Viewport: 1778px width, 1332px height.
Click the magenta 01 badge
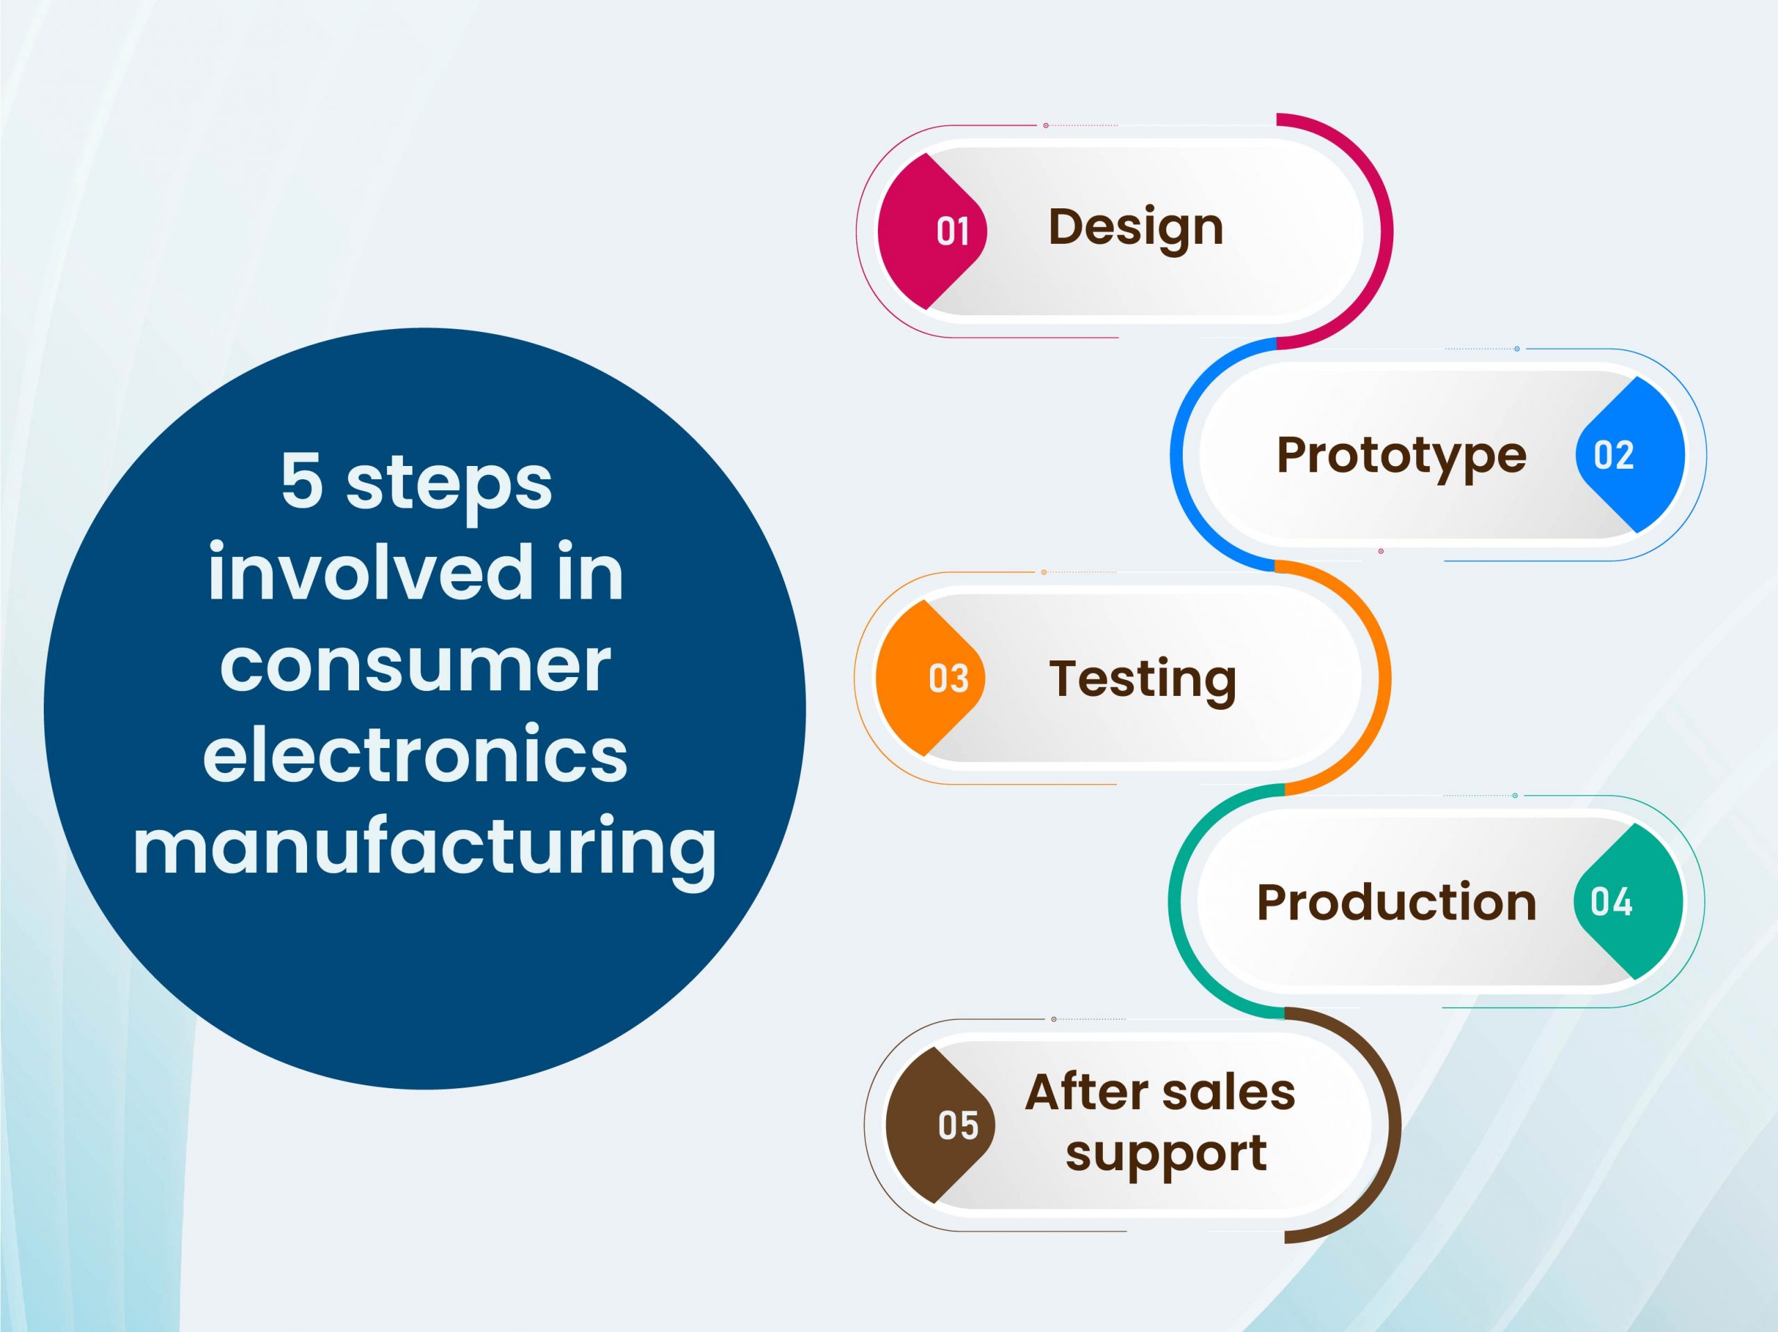click(931, 231)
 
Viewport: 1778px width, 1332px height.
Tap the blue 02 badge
click(1630, 454)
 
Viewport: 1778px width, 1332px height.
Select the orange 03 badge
click(930, 678)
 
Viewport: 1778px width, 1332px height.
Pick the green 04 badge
click(1629, 901)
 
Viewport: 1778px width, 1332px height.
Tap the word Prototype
click(1401, 456)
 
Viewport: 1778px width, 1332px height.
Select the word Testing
click(1143, 680)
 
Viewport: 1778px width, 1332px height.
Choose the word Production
click(1396, 902)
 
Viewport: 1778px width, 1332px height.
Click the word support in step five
click(1166, 1154)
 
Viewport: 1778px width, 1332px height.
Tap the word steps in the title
click(449, 485)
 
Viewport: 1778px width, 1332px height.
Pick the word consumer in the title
click(415, 667)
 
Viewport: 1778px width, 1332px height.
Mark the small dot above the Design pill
click(1046, 126)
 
